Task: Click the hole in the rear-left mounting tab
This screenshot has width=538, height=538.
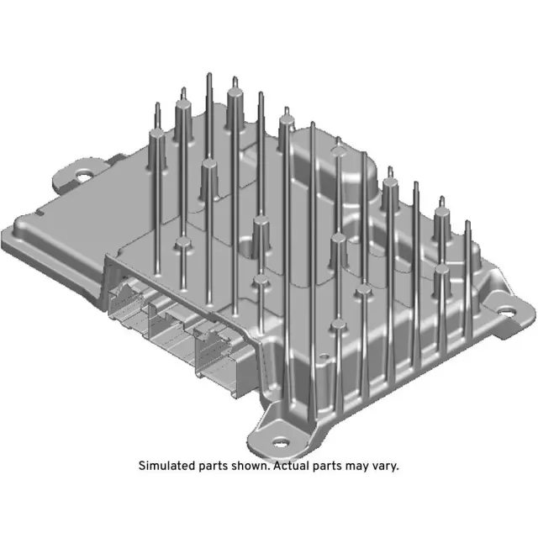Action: [x=84, y=175]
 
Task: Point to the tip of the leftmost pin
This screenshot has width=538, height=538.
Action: [x=157, y=104]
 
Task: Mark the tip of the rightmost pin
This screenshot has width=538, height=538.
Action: [x=467, y=223]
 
